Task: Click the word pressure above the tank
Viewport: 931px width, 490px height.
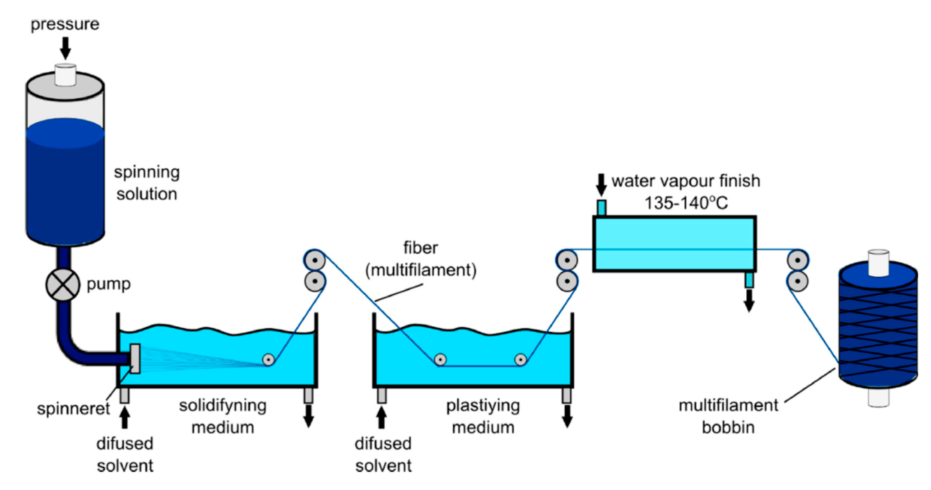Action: [x=65, y=24]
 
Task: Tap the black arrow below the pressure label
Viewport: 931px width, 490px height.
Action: [x=65, y=48]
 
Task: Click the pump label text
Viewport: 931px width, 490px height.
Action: [x=108, y=284]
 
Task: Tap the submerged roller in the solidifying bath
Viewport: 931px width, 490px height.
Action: [x=268, y=359]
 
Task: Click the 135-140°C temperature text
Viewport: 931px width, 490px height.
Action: [x=686, y=203]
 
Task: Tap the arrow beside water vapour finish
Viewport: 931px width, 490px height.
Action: [x=601, y=185]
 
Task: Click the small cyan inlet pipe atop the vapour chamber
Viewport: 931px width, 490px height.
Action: [x=601, y=208]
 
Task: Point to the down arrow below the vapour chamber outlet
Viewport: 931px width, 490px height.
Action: [x=749, y=301]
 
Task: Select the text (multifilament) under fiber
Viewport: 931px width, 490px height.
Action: [x=421, y=270]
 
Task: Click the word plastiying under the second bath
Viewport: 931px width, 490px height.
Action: [x=483, y=406]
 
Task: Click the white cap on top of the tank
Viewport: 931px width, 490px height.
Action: [x=65, y=75]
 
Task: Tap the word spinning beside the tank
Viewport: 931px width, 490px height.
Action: [x=147, y=172]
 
